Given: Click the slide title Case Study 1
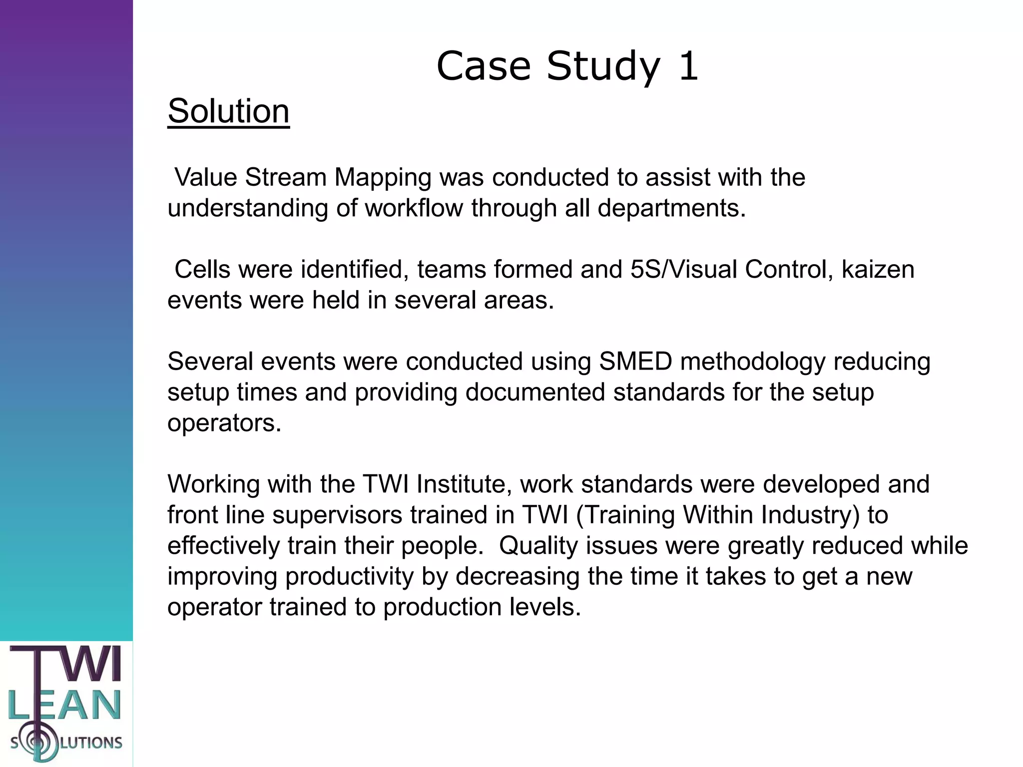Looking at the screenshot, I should click(567, 66).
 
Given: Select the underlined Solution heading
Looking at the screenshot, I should click(228, 111).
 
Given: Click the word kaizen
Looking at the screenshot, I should click(878, 270).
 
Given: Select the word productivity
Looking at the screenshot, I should click(349, 577).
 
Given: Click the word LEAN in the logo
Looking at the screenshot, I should click(65, 705).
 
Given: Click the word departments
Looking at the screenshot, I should click(671, 208).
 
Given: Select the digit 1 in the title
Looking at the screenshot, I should click(688, 66).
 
